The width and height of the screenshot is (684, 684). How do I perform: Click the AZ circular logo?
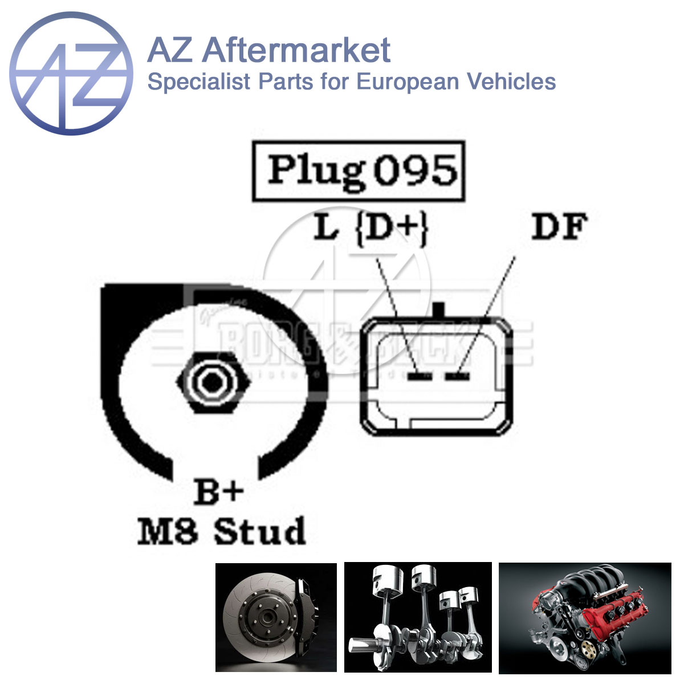pos(71,72)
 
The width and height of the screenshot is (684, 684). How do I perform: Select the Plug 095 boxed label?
pos(359,171)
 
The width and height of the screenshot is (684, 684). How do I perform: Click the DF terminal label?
pos(559,227)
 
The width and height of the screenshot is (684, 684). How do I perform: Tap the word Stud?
pos(260,532)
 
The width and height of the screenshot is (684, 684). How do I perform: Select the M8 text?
pos(168,532)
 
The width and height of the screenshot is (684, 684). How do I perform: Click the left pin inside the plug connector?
pos(421,376)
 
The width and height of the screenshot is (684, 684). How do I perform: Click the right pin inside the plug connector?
pos(457,376)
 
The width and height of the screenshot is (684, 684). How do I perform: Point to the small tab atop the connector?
pos(438,311)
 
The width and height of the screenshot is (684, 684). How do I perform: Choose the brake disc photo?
pos(276,617)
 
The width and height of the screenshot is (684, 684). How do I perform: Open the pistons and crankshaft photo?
pos(418,617)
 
